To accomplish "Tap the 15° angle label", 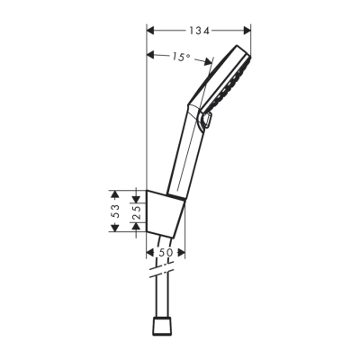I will point(180,57).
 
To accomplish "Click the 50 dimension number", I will point(165,254).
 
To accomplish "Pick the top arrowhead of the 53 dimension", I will point(113,192).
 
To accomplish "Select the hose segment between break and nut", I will point(164,297).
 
